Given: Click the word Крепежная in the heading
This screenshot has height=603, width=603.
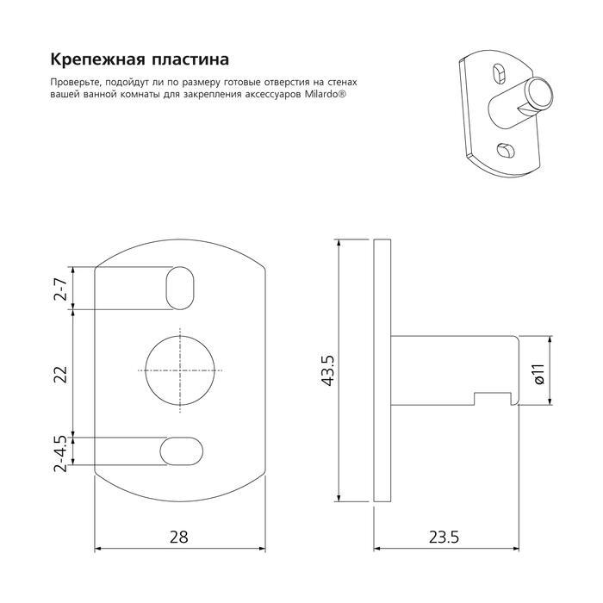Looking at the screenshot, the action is tap(98, 60).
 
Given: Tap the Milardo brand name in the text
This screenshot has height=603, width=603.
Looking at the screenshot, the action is tap(323, 95).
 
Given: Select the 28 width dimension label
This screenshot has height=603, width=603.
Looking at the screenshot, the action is tap(179, 538).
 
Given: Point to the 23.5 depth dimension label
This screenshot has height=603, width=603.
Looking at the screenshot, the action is tap(444, 538).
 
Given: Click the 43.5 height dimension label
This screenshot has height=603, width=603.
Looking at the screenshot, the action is tap(328, 370).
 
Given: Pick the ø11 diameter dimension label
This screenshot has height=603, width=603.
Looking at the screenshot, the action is tap(540, 374).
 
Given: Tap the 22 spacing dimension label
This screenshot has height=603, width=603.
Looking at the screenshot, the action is tap(61, 374).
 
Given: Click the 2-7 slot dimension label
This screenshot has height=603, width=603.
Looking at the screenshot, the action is tap(61, 289).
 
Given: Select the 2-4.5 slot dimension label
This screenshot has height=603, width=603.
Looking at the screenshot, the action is tap(61, 454).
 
